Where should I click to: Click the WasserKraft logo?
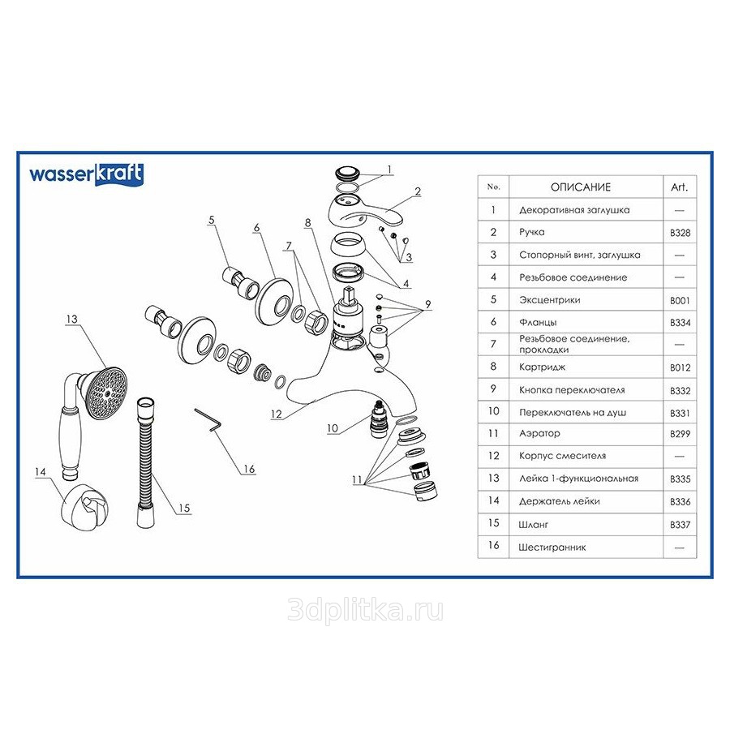click(x=86, y=174)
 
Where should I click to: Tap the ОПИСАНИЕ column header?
click(x=581, y=187)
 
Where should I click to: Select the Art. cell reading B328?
click(x=680, y=233)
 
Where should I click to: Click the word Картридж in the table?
click(x=542, y=367)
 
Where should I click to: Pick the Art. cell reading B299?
click(x=680, y=434)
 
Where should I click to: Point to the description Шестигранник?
click(x=552, y=547)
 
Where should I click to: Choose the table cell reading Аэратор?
click(x=539, y=433)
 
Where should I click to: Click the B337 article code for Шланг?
click(x=680, y=525)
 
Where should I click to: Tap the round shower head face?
click(x=107, y=393)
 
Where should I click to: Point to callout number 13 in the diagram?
click(x=71, y=320)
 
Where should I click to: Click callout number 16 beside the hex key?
click(x=249, y=469)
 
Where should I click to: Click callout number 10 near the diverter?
click(x=333, y=427)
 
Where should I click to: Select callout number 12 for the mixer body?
click(x=276, y=414)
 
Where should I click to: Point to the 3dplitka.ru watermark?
click(x=365, y=610)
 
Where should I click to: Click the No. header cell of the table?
click(x=493, y=187)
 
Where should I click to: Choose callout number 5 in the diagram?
click(x=212, y=220)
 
